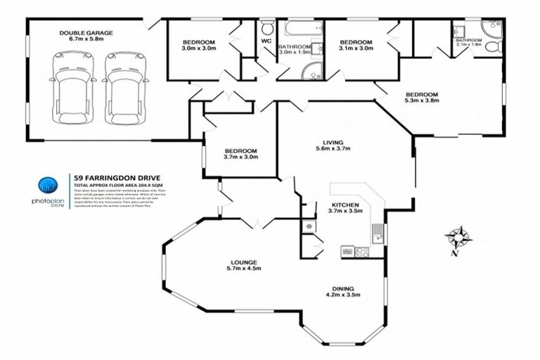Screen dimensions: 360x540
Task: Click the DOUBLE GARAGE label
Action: pyautogui.click(x=86, y=33)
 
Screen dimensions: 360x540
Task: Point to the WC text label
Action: pyautogui.click(x=266, y=41)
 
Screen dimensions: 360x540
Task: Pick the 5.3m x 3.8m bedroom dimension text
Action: pyautogui.click(x=422, y=101)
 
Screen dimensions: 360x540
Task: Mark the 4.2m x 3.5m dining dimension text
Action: pyautogui.click(x=345, y=295)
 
